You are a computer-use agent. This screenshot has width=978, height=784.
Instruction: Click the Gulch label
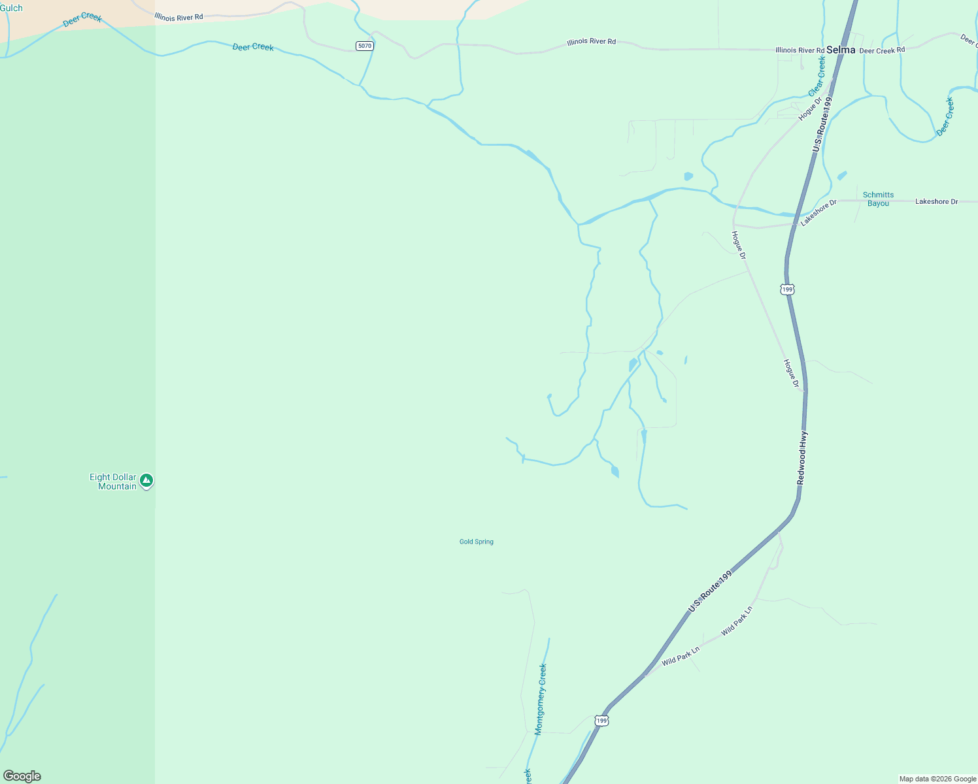click(11, 8)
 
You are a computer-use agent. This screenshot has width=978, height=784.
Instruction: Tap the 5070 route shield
click(364, 46)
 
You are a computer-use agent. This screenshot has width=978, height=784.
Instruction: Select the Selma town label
click(840, 50)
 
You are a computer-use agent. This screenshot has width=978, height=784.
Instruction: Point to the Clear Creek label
click(817, 76)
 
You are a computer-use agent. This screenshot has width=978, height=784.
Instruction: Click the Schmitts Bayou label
click(878, 199)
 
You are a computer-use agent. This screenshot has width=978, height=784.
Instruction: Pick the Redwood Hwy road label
click(802, 457)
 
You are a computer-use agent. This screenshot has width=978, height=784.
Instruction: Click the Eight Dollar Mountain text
click(113, 482)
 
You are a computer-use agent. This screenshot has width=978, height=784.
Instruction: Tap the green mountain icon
click(147, 481)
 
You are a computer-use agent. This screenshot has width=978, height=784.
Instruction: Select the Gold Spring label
click(476, 542)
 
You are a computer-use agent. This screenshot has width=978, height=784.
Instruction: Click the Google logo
click(22, 776)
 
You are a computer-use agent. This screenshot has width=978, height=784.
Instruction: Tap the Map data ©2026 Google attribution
click(937, 779)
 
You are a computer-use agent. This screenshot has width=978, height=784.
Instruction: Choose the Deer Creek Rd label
click(882, 50)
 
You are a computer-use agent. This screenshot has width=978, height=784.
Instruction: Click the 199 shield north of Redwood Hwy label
click(787, 289)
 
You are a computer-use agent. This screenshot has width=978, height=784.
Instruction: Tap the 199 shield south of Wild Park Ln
click(601, 721)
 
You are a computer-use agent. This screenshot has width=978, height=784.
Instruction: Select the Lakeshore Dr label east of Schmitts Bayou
click(936, 202)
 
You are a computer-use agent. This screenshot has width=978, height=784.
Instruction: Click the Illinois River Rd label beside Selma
click(800, 50)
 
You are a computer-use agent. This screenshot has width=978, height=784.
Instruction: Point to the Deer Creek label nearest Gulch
click(82, 20)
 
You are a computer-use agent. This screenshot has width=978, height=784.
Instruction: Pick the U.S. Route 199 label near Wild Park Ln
click(709, 592)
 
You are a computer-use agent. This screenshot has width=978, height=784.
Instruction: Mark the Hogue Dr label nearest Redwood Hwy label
click(792, 374)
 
